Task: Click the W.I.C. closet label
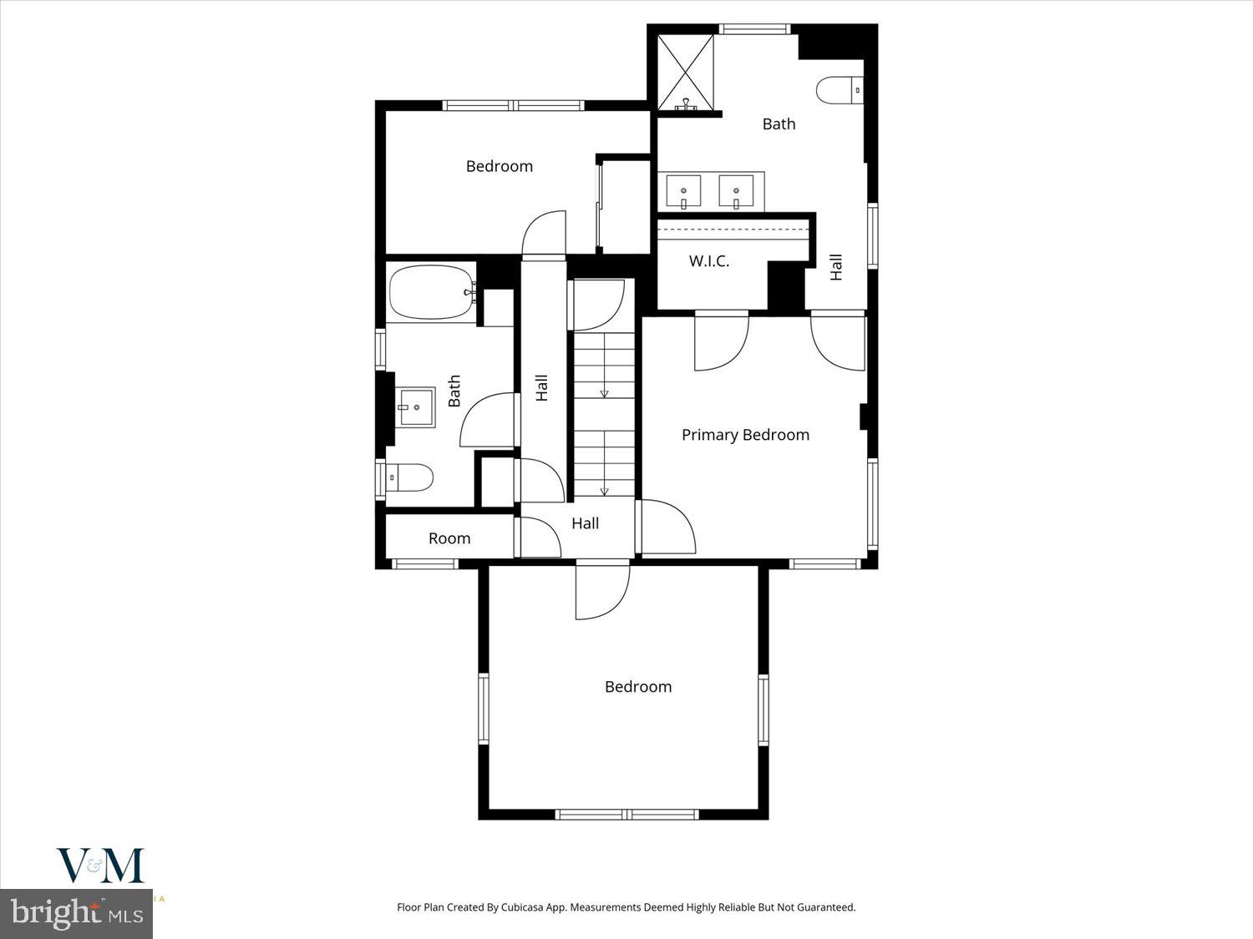coord(709,261)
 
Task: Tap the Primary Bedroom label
coord(745,435)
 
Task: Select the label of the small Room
coord(449,538)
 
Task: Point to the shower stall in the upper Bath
coord(686,73)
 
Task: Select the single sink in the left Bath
coord(415,407)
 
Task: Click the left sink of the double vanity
coord(684,192)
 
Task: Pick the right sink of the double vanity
coord(736,192)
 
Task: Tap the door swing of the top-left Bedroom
coord(544,233)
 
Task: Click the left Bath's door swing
coord(488,421)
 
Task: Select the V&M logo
coord(100,866)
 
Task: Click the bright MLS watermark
coord(76,913)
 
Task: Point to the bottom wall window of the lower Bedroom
coord(626,814)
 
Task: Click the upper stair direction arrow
coord(604,392)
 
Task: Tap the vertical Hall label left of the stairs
coord(542,387)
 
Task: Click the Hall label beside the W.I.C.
coord(836,267)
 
